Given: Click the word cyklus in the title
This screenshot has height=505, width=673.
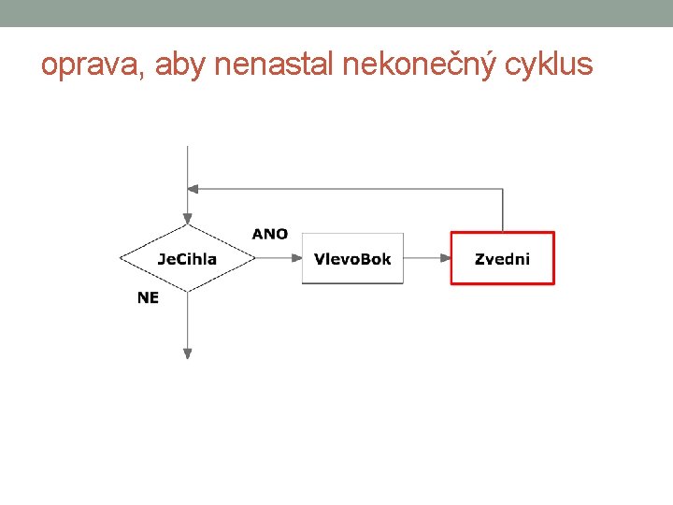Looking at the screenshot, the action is (548, 65).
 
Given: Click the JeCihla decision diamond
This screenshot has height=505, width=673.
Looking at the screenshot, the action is (187, 258).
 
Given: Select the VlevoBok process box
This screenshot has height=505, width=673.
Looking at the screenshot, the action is (352, 258).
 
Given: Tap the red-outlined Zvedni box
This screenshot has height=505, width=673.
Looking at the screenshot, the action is (502, 258).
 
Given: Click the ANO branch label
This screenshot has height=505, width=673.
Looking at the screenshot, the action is (270, 234).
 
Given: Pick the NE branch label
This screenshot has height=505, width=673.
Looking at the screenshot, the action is (148, 297).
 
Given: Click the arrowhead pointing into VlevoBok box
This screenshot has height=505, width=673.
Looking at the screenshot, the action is (296, 258).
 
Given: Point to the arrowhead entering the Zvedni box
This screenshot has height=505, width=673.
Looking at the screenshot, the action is (445, 258).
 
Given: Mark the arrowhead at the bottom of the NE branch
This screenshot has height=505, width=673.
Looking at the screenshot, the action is (188, 353).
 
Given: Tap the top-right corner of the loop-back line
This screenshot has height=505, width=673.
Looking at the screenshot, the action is (503, 189).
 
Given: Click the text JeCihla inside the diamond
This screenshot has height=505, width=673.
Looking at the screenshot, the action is (187, 259).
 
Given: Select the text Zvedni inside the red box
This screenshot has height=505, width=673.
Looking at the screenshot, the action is (502, 259).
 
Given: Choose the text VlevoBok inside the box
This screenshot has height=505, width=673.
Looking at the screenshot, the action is (352, 259).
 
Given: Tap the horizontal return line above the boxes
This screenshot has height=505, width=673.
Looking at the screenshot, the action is (346, 189).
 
